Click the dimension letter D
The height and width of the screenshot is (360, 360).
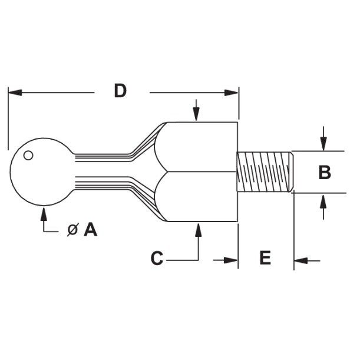click(x=120, y=91)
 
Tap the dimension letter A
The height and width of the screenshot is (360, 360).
click(x=90, y=229)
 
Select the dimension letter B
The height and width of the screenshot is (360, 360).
click(x=325, y=173)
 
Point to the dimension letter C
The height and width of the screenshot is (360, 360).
click(x=157, y=259)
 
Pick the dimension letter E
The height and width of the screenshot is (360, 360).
click(x=265, y=258)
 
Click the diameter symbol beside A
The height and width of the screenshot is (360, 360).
click(x=72, y=230)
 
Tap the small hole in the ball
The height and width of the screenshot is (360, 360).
click(x=28, y=156)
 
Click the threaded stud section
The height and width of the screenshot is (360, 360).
click(x=265, y=171)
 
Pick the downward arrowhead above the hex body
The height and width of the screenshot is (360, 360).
click(x=198, y=115)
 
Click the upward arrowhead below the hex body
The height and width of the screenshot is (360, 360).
click(x=198, y=229)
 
